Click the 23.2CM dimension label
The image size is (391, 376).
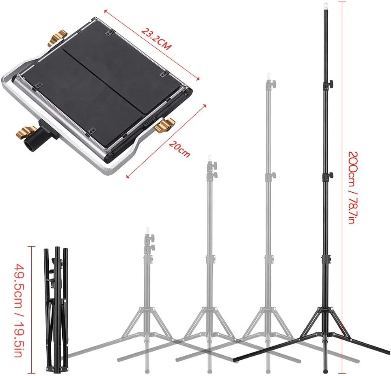click(x=156, y=39)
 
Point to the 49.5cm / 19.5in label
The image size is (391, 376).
click(x=19, y=311)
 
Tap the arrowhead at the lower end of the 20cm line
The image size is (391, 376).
click(x=128, y=176)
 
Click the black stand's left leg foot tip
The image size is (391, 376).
click(x=234, y=360)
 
